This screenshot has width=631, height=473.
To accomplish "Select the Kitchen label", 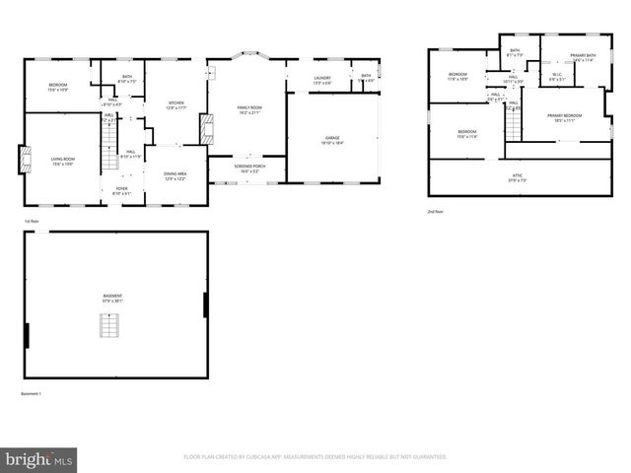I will (x=175, y=104).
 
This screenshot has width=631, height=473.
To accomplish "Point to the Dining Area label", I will (x=175, y=175).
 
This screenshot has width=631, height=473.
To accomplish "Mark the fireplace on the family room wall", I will (x=205, y=128).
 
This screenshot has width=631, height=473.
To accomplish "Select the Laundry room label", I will (x=322, y=79).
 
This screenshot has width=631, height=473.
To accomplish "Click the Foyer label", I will (x=121, y=190).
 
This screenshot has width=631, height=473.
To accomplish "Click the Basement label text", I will (x=113, y=298).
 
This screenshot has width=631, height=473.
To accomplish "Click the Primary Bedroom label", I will (x=564, y=117).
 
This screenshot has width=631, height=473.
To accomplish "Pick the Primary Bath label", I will (x=583, y=57).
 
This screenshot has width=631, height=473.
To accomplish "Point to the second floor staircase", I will (x=513, y=123).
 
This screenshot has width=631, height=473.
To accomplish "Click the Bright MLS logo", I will (x=39, y=458).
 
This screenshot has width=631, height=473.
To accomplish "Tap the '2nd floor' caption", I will (x=435, y=212).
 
